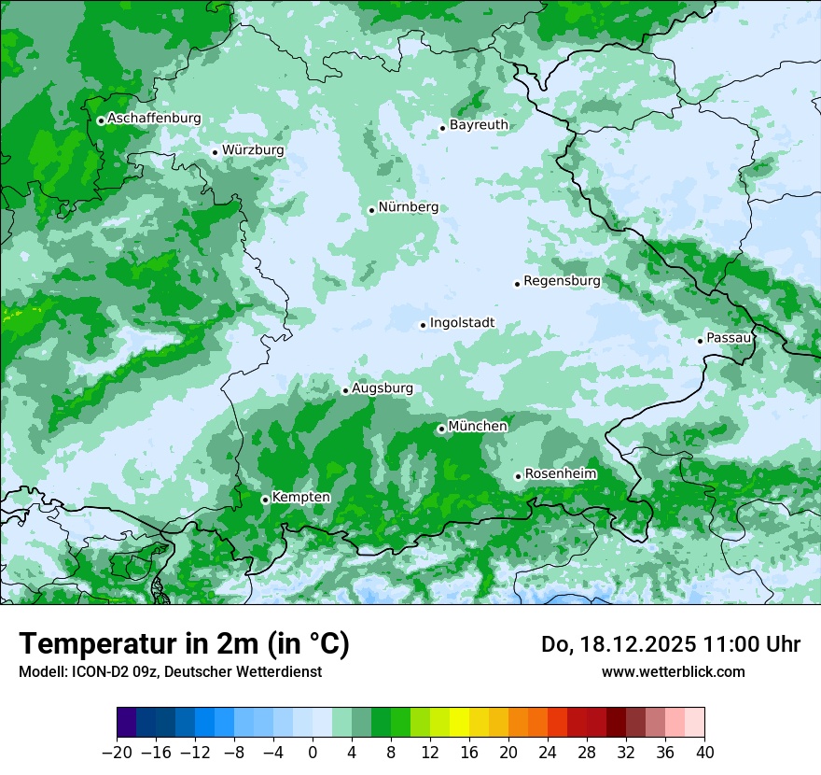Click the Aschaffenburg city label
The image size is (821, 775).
point(154,119)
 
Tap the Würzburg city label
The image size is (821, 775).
point(253,150)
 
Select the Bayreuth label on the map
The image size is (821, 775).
point(479,125)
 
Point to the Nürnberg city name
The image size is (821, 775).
point(408,207)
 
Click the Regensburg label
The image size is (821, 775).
point(562,281)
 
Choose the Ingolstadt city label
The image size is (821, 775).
point(462,323)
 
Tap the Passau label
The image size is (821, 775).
point(728,338)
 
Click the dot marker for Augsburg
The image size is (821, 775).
point(345,391)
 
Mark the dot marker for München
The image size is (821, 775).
point(441,430)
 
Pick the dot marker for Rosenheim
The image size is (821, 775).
point(518,477)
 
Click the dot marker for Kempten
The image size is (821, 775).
point(265,500)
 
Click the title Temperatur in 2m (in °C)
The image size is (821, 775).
point(184,644)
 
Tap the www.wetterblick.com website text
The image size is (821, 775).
point(673,671)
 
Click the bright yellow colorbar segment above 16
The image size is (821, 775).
point(459,723)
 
